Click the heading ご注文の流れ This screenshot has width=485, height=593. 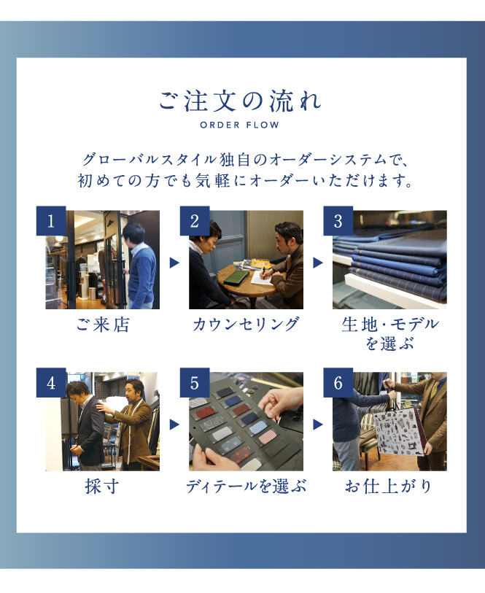point(240,101)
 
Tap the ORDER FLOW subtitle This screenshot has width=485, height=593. point(240,125)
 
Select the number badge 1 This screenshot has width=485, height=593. point(51,221)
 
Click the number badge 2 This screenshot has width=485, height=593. point(195,221)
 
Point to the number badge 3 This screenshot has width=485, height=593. point(338,221)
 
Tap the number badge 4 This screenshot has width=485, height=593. point(51,383)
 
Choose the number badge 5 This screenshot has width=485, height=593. point(195,383)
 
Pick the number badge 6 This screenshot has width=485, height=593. point(338,383)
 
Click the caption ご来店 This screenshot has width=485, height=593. point(103,325)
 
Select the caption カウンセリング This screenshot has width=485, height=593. point(246,325)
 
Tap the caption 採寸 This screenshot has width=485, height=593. point(102,487)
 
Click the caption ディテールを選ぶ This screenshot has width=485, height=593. point(246,487)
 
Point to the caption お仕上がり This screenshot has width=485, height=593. point(389,487)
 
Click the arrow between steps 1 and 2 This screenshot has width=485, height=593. point(174,263)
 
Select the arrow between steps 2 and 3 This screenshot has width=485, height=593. point(318,263)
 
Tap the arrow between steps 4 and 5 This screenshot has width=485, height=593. point(174,425)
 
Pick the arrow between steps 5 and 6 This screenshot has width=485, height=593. point(318,425)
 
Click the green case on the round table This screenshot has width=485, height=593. point(236,277)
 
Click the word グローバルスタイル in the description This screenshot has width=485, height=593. point(150,160)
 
